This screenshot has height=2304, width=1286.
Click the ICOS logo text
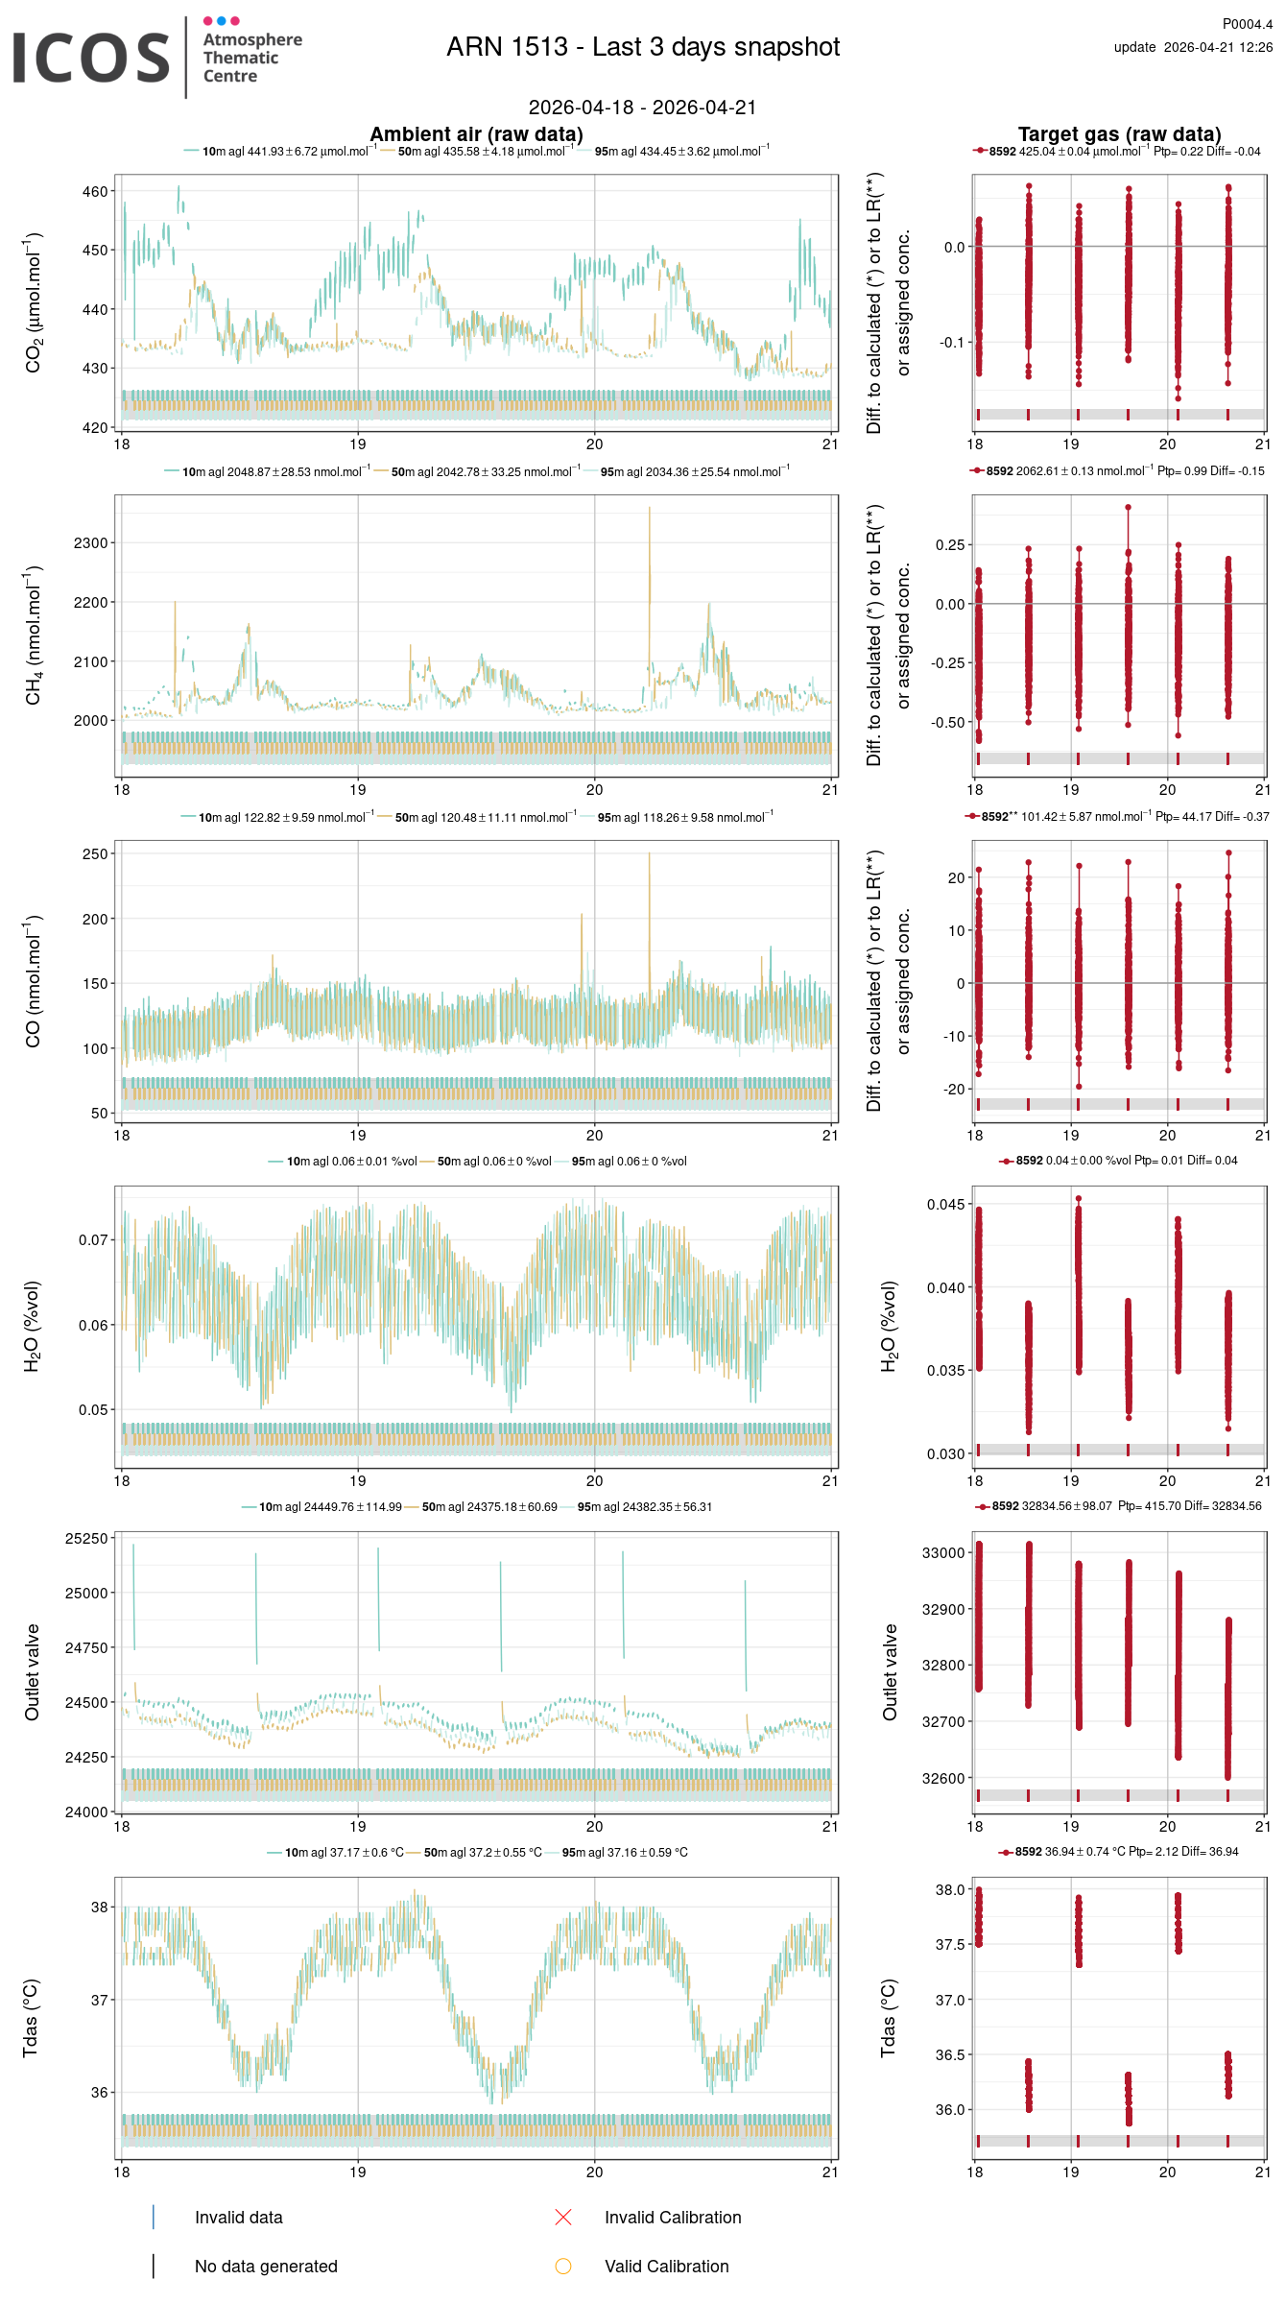pyautogui.click(x=91, y=58)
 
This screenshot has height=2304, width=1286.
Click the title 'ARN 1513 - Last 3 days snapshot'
pyautogui.click(x=643, y=47)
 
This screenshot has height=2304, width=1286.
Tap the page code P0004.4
pyautogui.click(x=1247, y=24)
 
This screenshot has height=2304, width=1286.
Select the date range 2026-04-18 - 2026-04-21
pyautogui.click(x=642, y=108)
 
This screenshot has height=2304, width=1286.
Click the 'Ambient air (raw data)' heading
pyautogui.click(x=476, y=134)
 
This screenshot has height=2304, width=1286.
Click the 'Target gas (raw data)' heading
pyautogui.click(x=1119, y=134)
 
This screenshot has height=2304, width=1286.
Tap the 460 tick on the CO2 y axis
pyautogui.click(x=95, y=192)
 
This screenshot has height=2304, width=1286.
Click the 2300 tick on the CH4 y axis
pyautogui.click(x=90, y=543)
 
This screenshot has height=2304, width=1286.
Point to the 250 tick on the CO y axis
pyautogui.click(x=95, y=853)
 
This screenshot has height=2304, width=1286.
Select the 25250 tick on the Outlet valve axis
pyautogui.click(x=86, y=1538)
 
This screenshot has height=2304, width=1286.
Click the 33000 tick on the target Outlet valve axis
pyautogui.click(x=942, y=1552)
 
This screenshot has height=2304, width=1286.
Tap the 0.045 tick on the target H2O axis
pyautogui.click(x=945, y=1205)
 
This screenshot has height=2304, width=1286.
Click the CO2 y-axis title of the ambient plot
pyautogui.click(x=34, y=302)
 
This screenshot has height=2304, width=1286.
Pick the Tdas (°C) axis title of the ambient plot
pyautogui.click(x=31, y=2018)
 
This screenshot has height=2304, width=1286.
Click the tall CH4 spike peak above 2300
pyautogui.click(x=650, y=509)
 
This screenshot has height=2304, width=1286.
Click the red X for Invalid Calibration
pyautogui.click(x=563, y=2217)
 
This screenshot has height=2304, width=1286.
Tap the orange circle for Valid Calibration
pyautogui.click(x=563, y=2266)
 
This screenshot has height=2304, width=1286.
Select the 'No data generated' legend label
pyautogui.click(x=266, y=2266)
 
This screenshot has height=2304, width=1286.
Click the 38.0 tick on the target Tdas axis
pyautogui.click(x=950, y=1889)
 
